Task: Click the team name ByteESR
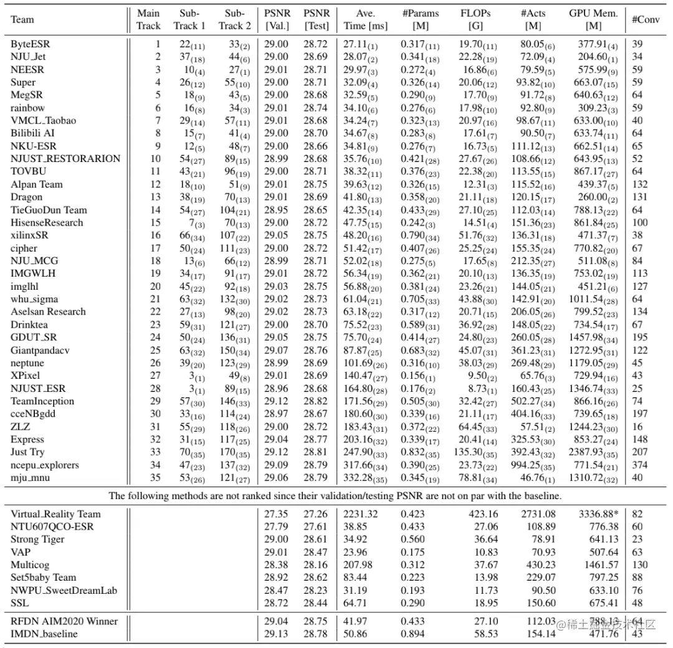[29, 45]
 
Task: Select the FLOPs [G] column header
[475, 19]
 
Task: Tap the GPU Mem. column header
[593, 19]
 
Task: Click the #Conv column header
[646, 19]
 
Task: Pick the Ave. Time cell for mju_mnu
[361, 477]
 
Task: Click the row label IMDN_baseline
[44, 634]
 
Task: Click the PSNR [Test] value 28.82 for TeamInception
[317, 401]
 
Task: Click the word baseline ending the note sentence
[543, 496]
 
